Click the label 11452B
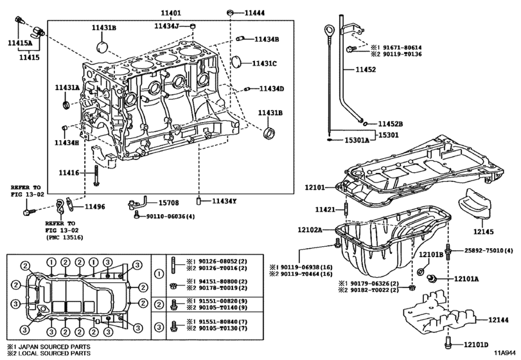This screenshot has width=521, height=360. click(390, 123)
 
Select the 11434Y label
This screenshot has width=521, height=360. click(224, 201)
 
